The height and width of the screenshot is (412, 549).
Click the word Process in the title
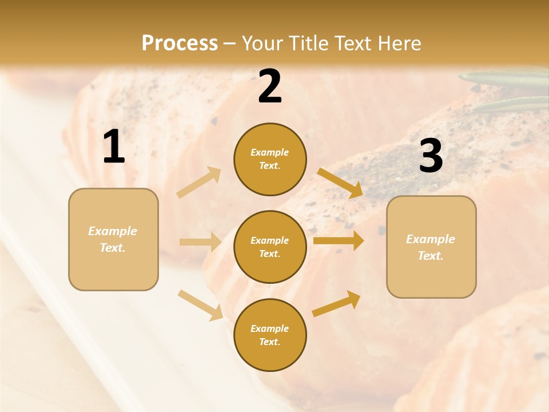point(180,43)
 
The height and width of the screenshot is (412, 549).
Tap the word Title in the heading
point(305,43)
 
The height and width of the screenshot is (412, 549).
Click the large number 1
point(114,147)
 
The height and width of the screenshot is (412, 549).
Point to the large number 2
point(270,86)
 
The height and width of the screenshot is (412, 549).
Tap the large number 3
point(431,156)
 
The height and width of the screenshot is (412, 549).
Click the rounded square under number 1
point(113,239)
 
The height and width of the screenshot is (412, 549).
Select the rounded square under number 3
point(431,247)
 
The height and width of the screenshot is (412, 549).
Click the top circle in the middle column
point(270,159)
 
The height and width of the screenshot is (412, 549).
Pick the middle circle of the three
point(270,247)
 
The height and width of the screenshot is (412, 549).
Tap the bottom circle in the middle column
point(270,335)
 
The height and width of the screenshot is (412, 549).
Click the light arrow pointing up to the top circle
point(199,183)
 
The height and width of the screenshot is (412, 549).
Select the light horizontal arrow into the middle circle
point(200,242)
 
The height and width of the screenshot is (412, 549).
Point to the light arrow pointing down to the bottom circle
point(200,304)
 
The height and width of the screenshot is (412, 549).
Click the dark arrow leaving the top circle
point(340,183)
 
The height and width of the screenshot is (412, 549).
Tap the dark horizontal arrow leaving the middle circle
point(339,241)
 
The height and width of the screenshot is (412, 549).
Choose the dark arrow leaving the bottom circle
point(337,303)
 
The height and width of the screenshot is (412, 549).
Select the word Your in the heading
point(263,43)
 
